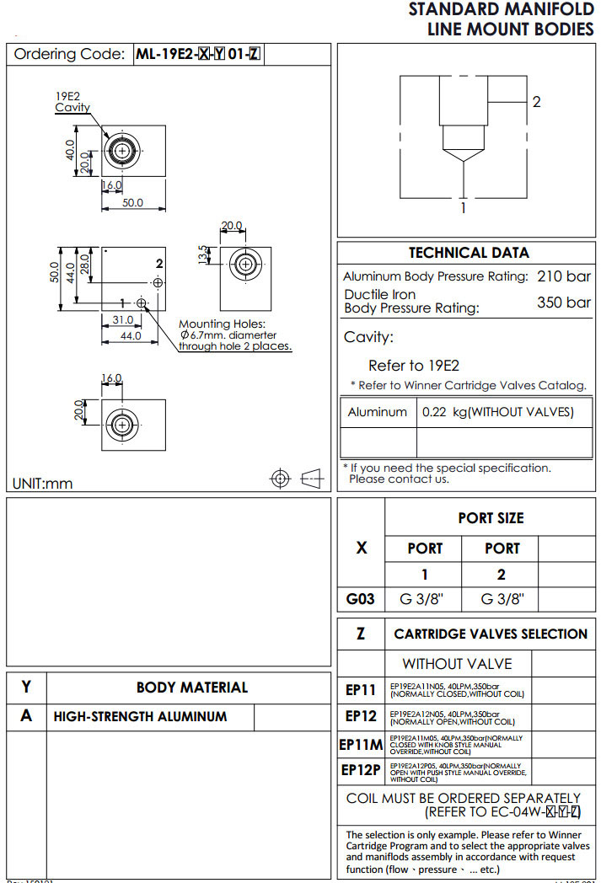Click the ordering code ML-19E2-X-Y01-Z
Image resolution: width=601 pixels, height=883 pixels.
(x=198, y=55)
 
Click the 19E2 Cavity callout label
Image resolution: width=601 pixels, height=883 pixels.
(x=72, y=103)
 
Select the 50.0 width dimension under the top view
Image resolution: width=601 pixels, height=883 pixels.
(x=132, y=203)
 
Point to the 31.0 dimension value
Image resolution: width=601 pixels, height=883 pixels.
(x=123, y=319)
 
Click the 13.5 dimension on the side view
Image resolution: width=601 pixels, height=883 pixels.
(x=201, y=254)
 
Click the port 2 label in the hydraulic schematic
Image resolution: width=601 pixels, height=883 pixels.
(x=536, y=102)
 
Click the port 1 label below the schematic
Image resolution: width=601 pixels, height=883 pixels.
(x=463, y=207)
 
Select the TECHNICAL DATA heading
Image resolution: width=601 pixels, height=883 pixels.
(x=469, y=253)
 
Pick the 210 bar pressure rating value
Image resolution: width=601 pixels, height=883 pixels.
(x=564, y=276)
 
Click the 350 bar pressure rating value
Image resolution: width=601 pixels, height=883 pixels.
(x=564, y=302)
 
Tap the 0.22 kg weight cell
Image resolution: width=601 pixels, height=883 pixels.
(x=497, y=412)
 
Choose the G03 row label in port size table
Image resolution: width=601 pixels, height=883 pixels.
(x=361, y=600)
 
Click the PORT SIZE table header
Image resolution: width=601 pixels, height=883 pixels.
(x=491, y=518)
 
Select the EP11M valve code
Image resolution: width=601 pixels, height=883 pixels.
(x=361, y=745)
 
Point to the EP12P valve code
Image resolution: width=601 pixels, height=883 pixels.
(x=361, y=770)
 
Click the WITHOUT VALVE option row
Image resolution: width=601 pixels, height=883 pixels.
(x=457, y=664)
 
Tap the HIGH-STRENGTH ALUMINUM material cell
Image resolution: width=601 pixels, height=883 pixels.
(x=140, y=717)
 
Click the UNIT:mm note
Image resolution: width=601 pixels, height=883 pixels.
(x=43, y=483)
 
